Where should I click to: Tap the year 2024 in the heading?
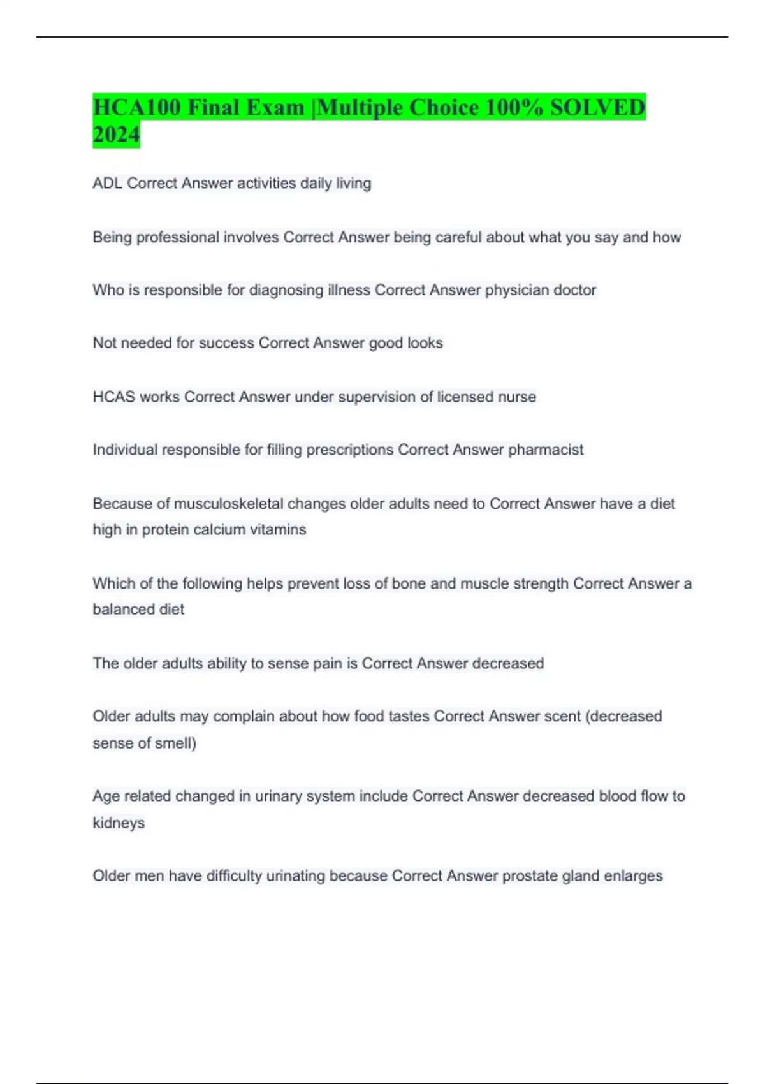(x=116, y=135)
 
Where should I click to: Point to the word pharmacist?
(x=545, y=450)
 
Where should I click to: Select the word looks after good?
(x=425, y=343)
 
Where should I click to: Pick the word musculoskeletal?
(x=228, y=504)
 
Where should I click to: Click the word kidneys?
(x=119, y=823)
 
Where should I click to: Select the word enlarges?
(x=633, y=876)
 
